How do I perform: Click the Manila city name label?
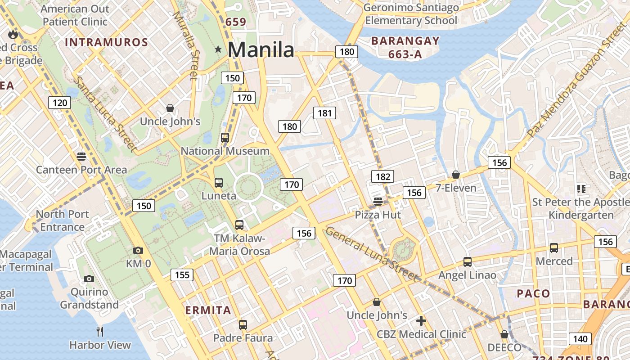point(261,49)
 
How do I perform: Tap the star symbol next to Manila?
point(218,49)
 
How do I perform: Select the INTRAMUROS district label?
point(107,42)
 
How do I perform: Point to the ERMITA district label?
point(208,310)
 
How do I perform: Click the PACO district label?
point(533,294)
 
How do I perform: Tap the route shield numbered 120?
point(60,103)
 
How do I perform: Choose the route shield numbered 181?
point(324,113)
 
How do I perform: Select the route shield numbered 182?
point(382,176)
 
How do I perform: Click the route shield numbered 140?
point(580,338)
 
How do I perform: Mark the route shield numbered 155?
point(182,274)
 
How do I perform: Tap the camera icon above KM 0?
point(138,250)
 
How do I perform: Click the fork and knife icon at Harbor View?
point(100,332)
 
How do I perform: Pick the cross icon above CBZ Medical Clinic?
point(421,320)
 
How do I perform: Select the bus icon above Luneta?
point(219,182)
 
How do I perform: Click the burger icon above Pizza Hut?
point(378,201)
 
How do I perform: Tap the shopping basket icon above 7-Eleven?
point(456,174)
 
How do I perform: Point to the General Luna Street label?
point(372,254)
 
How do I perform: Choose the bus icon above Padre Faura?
point(243,324)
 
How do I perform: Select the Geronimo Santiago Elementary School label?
point(411,14)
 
